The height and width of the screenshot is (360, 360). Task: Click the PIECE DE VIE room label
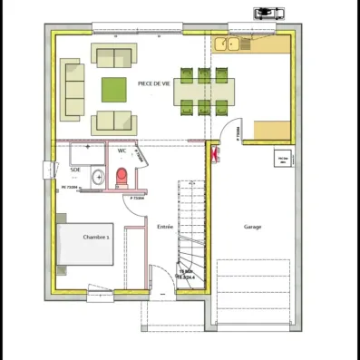click(154, 83)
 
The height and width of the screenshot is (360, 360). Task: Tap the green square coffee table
click(114, 90)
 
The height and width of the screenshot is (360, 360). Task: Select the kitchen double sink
click(227, 43)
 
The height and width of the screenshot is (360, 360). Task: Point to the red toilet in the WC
click(121, 175)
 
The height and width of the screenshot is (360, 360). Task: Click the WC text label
click(122, 151)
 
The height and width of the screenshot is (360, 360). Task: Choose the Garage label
click(253, 227)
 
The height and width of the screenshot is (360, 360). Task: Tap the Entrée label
click(165, 226)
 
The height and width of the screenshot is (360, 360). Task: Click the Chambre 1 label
click(96, 237)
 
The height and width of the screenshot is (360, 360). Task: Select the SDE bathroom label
click(75, 170)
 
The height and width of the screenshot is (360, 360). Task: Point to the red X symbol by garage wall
click(212, 156)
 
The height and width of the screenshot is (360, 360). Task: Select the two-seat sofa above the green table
click(114, 58)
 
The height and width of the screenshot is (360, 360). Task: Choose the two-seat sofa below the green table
click(114, 121)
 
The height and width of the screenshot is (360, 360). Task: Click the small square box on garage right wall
click(282, 158)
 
